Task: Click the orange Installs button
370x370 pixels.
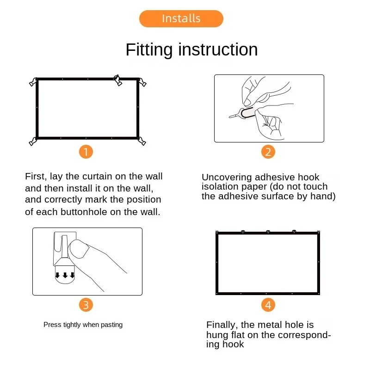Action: tap(181, 18)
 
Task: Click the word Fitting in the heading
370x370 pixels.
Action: tap(149, 50)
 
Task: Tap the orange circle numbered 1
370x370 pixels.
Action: tap(86, 152)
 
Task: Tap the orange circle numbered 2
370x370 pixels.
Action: tap(268, 152)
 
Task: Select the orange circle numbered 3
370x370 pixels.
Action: tap(86, 305)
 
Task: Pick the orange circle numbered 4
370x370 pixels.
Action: tap(268, 305)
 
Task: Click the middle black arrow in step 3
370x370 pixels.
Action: tap(65, 275)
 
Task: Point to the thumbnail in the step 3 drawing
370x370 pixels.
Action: tap(79, 249)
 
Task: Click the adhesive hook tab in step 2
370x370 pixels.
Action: tap(247, 113)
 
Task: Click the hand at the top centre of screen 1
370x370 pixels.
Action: tap(117, 80)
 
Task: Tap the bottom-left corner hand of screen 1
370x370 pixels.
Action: tap(33, 142)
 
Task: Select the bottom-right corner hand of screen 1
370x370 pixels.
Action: tap(142, 141)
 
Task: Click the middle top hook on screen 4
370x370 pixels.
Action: tap(268, 232)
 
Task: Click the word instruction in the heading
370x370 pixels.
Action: tap(218, 49)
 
